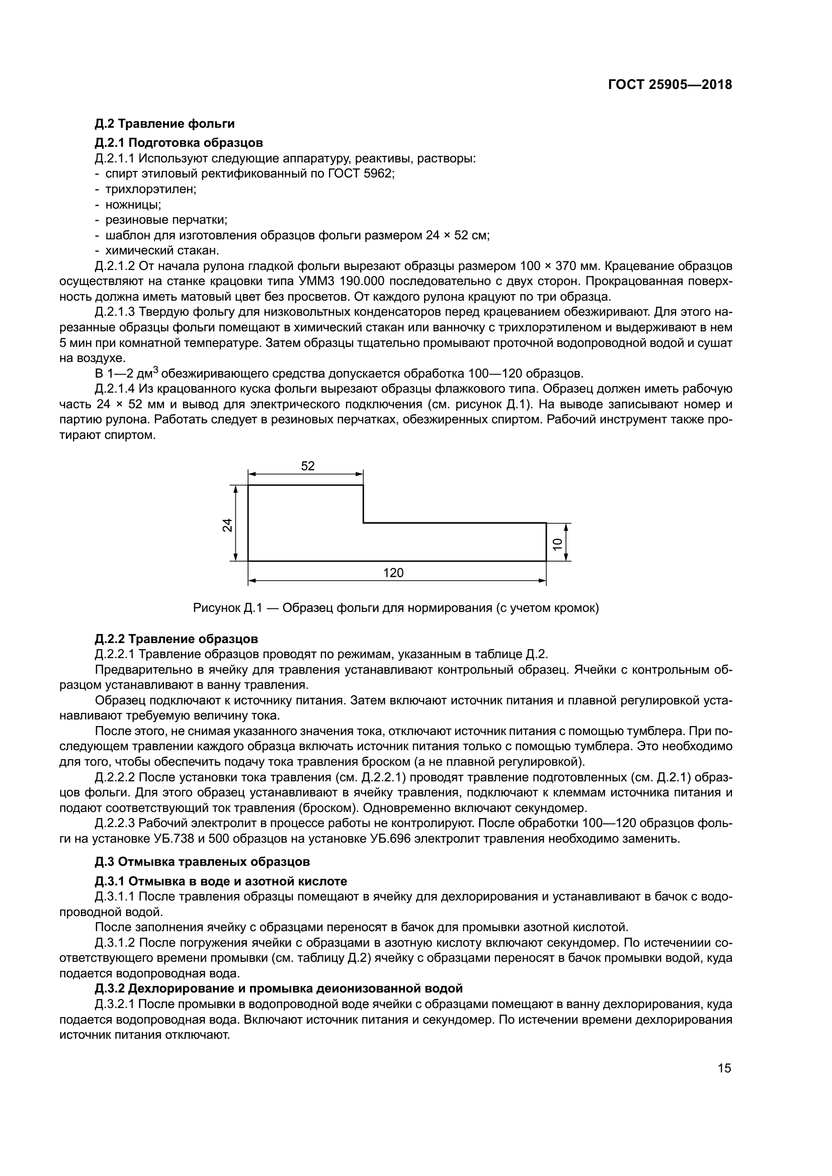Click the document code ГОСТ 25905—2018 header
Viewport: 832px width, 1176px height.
coord(670,85)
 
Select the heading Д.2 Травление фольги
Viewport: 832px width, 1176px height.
coord(164,124)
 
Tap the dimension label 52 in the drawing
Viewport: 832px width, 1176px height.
coord(307,466)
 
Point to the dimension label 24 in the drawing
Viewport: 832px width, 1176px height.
coord(227,525)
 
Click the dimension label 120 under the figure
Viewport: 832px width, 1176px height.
coord(393,573)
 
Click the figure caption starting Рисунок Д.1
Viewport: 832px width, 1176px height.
coord(395,608)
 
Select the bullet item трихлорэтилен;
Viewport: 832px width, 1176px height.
coord(150,189)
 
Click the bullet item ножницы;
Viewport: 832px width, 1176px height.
coord(133,204)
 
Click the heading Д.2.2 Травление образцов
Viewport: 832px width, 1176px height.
coord(176,639)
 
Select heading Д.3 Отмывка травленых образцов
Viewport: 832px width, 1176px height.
coord(202,862)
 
